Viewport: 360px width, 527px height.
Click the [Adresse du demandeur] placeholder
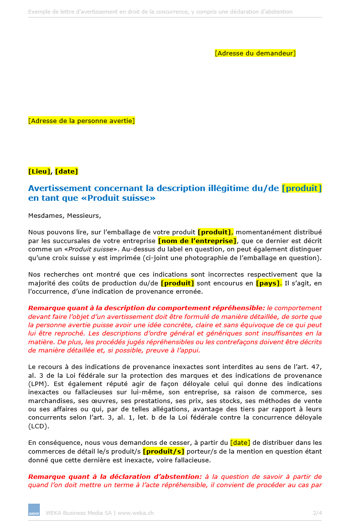[255, 53]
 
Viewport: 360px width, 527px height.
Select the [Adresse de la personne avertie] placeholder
[82, 121]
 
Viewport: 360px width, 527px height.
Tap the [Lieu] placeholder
[39, 171]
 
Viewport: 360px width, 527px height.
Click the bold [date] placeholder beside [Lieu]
[67, 171]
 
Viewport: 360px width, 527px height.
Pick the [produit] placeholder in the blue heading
[302, 188]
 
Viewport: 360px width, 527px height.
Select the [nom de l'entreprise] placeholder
[198, 241]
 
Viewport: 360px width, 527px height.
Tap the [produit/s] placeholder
[163, 452]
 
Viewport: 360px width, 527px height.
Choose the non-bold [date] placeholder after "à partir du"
[240, 442]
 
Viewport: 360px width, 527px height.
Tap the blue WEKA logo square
[34, 509]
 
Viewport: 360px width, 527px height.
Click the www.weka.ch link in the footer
[136, 512]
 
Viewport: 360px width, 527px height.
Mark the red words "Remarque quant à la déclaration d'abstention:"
[115, 476]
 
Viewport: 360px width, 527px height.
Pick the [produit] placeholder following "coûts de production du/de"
[177, 283]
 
